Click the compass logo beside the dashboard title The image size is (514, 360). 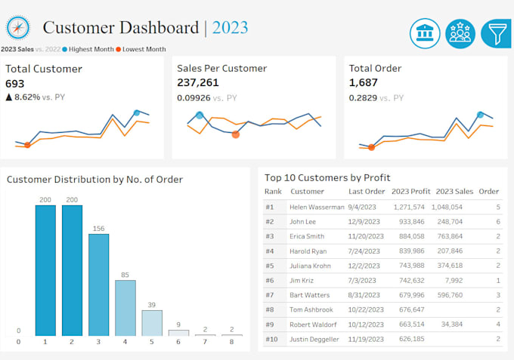(x=17, y=28)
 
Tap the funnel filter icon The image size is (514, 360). (x=496, y=34)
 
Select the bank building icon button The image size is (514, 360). (x=425, y=34)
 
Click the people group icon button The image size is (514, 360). (x=460, y=34)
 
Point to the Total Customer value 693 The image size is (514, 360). (x=16, y=83)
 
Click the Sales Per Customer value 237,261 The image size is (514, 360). (x=198, y=83)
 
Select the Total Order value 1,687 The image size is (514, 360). (x=364, y=83)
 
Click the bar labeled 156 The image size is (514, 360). (x=98, y=285)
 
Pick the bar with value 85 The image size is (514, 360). (x=125, y=307)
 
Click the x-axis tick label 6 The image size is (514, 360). (x=178, y=342)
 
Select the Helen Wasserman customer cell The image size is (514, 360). (x=317, y=207)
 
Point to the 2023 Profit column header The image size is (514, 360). (x=410, y=191)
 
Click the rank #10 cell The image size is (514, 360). (x=271, y=339)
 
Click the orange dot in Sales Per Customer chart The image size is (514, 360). (x=236, y=134)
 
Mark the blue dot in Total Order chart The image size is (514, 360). (x=480, y=115)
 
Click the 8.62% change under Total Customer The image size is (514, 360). (x=29, y=97)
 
